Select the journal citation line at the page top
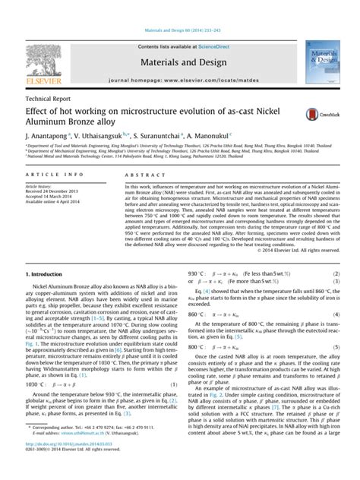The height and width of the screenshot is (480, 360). [179, 10]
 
